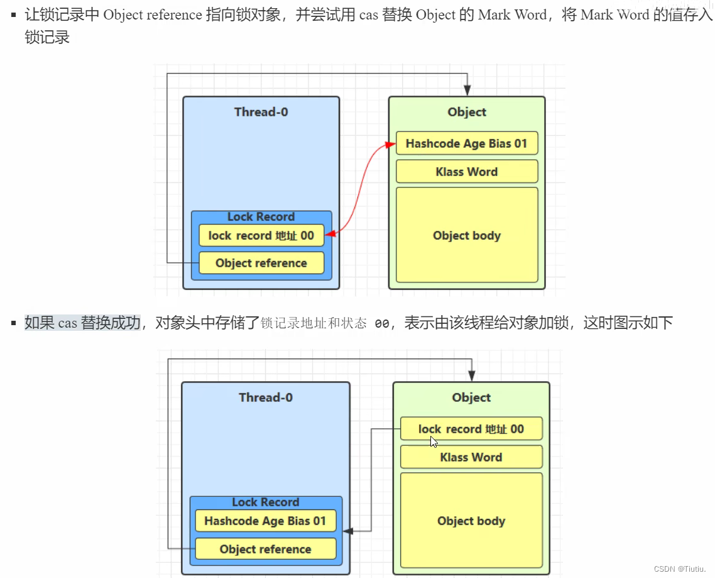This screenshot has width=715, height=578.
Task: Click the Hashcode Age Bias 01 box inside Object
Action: pos(466,143)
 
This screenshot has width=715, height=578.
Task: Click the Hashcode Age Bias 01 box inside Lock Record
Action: pos(265,521)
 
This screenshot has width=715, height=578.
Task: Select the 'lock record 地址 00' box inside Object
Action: pos(471,429)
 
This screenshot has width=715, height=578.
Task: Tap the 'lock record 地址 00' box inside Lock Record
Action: pos(261,235)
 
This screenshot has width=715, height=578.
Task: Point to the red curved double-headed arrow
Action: pos(360,189)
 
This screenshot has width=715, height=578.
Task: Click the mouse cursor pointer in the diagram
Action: pos(434,442)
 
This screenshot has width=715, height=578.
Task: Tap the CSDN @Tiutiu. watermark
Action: pos(680,569)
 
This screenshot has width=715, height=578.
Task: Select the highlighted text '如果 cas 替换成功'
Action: pos(82,323)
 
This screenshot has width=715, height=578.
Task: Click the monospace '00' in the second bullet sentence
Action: pos(381,324)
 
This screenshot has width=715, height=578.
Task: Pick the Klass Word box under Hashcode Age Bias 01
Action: pos(466,172)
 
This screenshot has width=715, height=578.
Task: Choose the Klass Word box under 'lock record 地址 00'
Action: pos(471,457)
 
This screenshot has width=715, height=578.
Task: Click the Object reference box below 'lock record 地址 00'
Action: pos(261,263)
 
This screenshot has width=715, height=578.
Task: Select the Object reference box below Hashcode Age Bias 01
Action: pos(265,549)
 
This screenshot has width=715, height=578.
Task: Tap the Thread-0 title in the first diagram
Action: pos(261,112)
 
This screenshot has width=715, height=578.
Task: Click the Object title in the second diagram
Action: pos(471,397)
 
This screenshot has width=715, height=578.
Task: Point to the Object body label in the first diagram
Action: pos(466,236)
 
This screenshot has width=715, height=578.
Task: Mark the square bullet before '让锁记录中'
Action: pos(13,14)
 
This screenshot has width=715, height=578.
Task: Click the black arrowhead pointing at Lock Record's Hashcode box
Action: pos(347,531)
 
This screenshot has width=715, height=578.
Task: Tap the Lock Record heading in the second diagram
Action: pos(265,502)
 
